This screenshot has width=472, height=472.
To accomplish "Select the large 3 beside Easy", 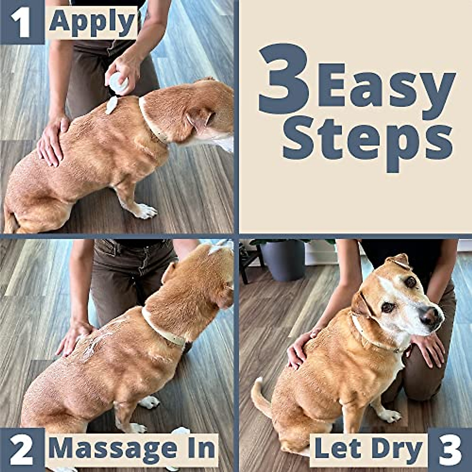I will pyautogui.click(x=284, y=81).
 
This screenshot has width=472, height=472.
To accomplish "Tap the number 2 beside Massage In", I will pyautogui.click(x=22, y=450).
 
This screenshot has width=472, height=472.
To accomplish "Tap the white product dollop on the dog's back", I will pyautogui.click(x=111, y=105).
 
